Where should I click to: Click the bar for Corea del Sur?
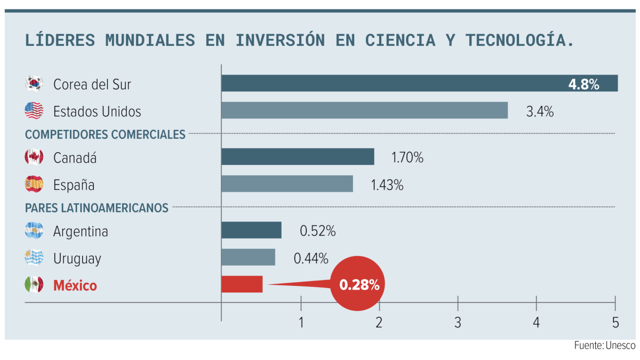click(x=419, y=83)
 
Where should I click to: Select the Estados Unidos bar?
click(x=364, y=110)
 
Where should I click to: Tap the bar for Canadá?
click(x=298, y=157)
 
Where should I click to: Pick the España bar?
click(x=287, y=184)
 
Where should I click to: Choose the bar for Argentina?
click(x=251, y=230)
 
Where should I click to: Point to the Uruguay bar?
click(x=248, y=257)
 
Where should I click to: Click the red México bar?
click(x=242, y=284)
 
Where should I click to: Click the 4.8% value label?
click(x=583, y=84)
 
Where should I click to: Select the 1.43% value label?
click(x=387, y=185)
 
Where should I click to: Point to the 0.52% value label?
click(x=317, y=231)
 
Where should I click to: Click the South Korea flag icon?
click(x=34, y=84)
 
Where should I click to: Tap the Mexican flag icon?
click(x=34, y=285)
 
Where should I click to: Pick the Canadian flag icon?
click(x=34, y=157)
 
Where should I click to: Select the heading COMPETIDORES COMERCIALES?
click(x=105, y=134)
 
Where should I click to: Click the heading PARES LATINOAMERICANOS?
click(x=97, y=207)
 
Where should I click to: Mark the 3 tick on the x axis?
click(x=458, y=322)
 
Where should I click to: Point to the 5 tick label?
click(x=615, y=322)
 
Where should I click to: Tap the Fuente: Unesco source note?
click(x=604, y=346)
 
